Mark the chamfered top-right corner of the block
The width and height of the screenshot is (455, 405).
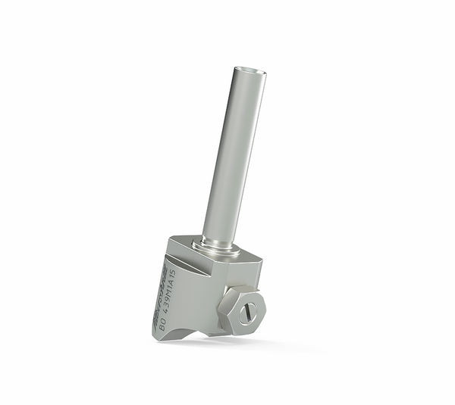(x=258, y=265)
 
